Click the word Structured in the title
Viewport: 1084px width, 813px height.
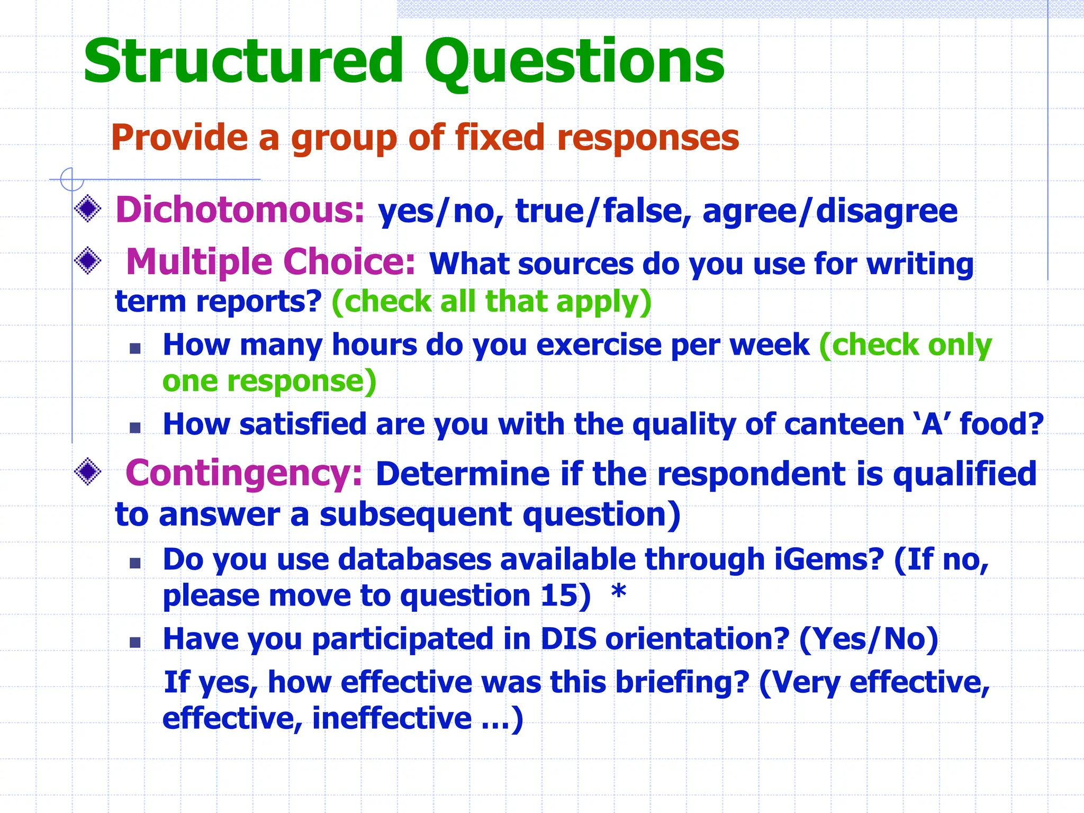[243, 62]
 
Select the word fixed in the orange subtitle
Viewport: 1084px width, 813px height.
[500, 138]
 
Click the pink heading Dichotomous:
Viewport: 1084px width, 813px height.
[240, 210]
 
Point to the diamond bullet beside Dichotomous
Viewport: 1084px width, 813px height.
[88, 209]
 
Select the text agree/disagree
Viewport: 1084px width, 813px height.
[829, 211]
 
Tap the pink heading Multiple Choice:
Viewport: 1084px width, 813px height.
[270, 262]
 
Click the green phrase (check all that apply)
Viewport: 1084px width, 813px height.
[491, 302]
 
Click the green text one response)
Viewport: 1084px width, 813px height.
[269, 381]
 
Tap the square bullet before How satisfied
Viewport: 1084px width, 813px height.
[135, 427]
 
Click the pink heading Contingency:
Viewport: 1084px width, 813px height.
[244, 473]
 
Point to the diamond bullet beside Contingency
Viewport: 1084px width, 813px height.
[88, 471]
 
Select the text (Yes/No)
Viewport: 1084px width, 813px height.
[868, 639]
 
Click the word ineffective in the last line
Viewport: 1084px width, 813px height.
[392, 719]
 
